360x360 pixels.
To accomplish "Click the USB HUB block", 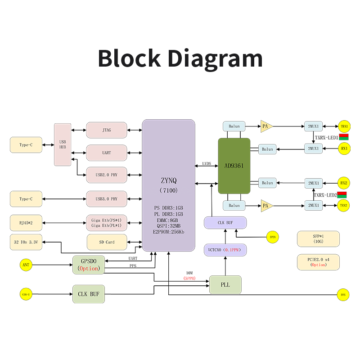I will [63, 144].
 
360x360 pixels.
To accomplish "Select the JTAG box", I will [107, 130].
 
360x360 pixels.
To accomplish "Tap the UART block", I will [107, 153].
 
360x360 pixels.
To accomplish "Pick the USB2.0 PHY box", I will [107, 175].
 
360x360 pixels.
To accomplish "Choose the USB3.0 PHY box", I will [107, 198].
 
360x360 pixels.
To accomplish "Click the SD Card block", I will [107, 242].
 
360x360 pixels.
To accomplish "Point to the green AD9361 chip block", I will [234, 166].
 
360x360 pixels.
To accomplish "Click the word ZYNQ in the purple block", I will [169, 180].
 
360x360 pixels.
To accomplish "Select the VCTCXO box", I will [225, 250].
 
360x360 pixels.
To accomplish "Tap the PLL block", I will [225, 285].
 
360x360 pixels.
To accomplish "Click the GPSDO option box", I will [88, 265].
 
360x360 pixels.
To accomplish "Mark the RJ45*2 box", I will [26, 222].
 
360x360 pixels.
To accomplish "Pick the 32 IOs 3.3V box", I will [26, 242].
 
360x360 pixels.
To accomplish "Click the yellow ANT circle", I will [26, 265].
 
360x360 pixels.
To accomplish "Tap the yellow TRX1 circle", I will [344, 126].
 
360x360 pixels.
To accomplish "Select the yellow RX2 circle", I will [344, 183].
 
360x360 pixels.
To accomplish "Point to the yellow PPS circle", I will [343, 295].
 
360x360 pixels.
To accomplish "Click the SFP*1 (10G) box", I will [318, 238].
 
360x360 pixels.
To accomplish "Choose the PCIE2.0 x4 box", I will [318, 262].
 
